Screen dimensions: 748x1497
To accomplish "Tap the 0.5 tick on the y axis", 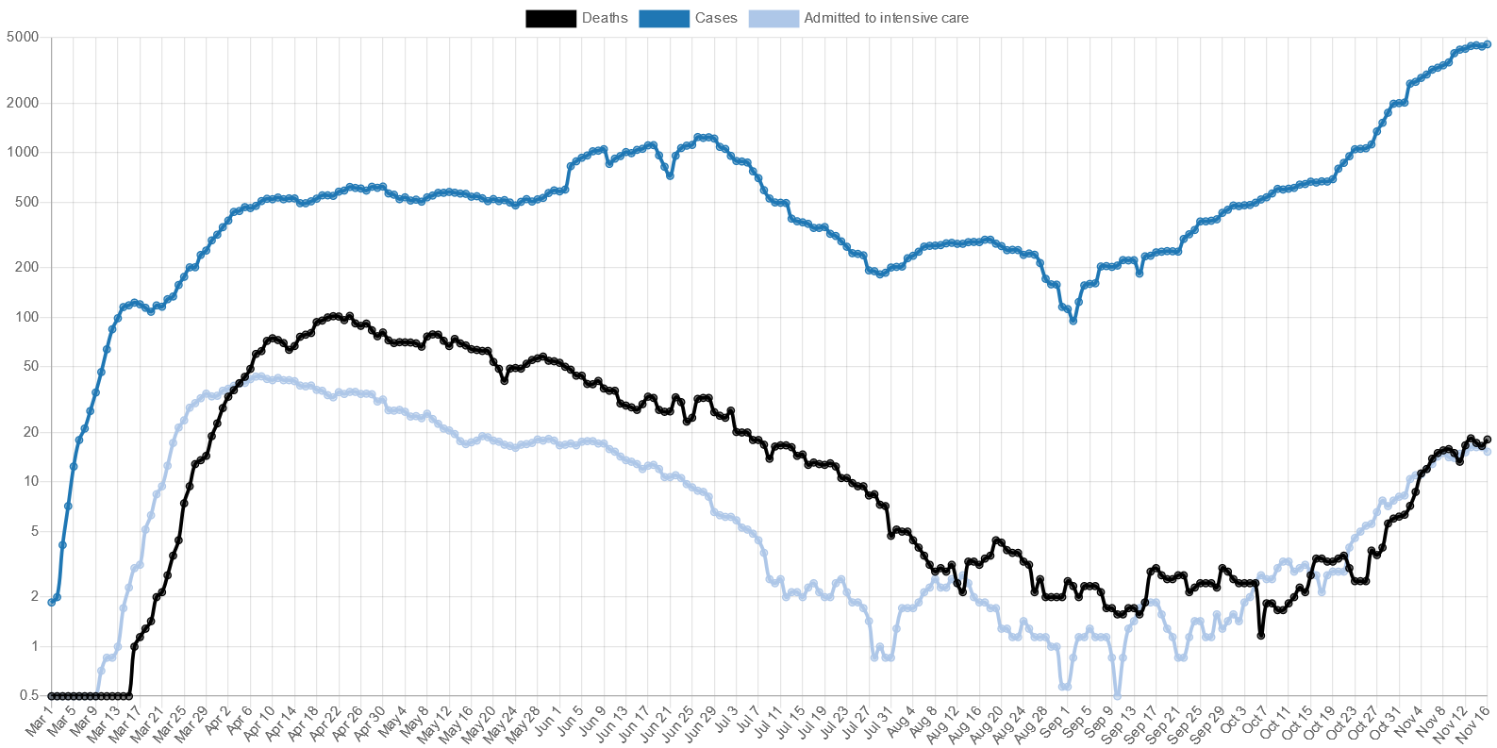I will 28,695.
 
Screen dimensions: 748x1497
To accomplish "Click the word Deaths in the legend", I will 605,18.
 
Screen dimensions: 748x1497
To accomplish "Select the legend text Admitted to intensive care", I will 886,18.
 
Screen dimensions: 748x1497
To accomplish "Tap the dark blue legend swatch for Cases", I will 664,18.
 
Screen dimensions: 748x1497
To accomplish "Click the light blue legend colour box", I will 773,18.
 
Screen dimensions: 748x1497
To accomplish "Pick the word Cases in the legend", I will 716,18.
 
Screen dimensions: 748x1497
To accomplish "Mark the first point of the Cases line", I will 51,602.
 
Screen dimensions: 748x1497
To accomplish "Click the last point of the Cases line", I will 1488,43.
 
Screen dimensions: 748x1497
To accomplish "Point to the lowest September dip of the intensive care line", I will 1118,696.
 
